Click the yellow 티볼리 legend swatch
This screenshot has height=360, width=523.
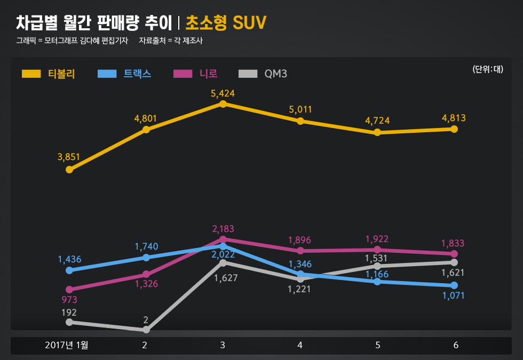tap(31, 74)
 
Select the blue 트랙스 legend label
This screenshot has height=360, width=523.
tap(137, 74)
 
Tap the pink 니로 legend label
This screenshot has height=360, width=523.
tap(208, 74)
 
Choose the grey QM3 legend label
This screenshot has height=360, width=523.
tap(275, 74)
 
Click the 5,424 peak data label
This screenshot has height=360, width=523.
tap(223, 93)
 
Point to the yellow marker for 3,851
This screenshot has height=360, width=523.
tap(69, 170)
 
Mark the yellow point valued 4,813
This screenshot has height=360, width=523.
tap(454, 129)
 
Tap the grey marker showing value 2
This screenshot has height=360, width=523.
tap(146, 330)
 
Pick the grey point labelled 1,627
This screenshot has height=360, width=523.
tap(223, 262)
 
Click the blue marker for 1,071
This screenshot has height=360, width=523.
tap(454, 285)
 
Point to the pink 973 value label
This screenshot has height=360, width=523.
tap(69, 300)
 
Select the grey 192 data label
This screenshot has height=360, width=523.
tap(69, 313)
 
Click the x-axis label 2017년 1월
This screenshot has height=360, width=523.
tap(67, 345)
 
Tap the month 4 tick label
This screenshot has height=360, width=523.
tap(300, 345)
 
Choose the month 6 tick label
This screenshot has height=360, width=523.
tap(456, 345)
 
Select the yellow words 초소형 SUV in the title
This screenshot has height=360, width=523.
tap(226, 23)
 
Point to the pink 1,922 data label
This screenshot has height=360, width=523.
tap(377, 239)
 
